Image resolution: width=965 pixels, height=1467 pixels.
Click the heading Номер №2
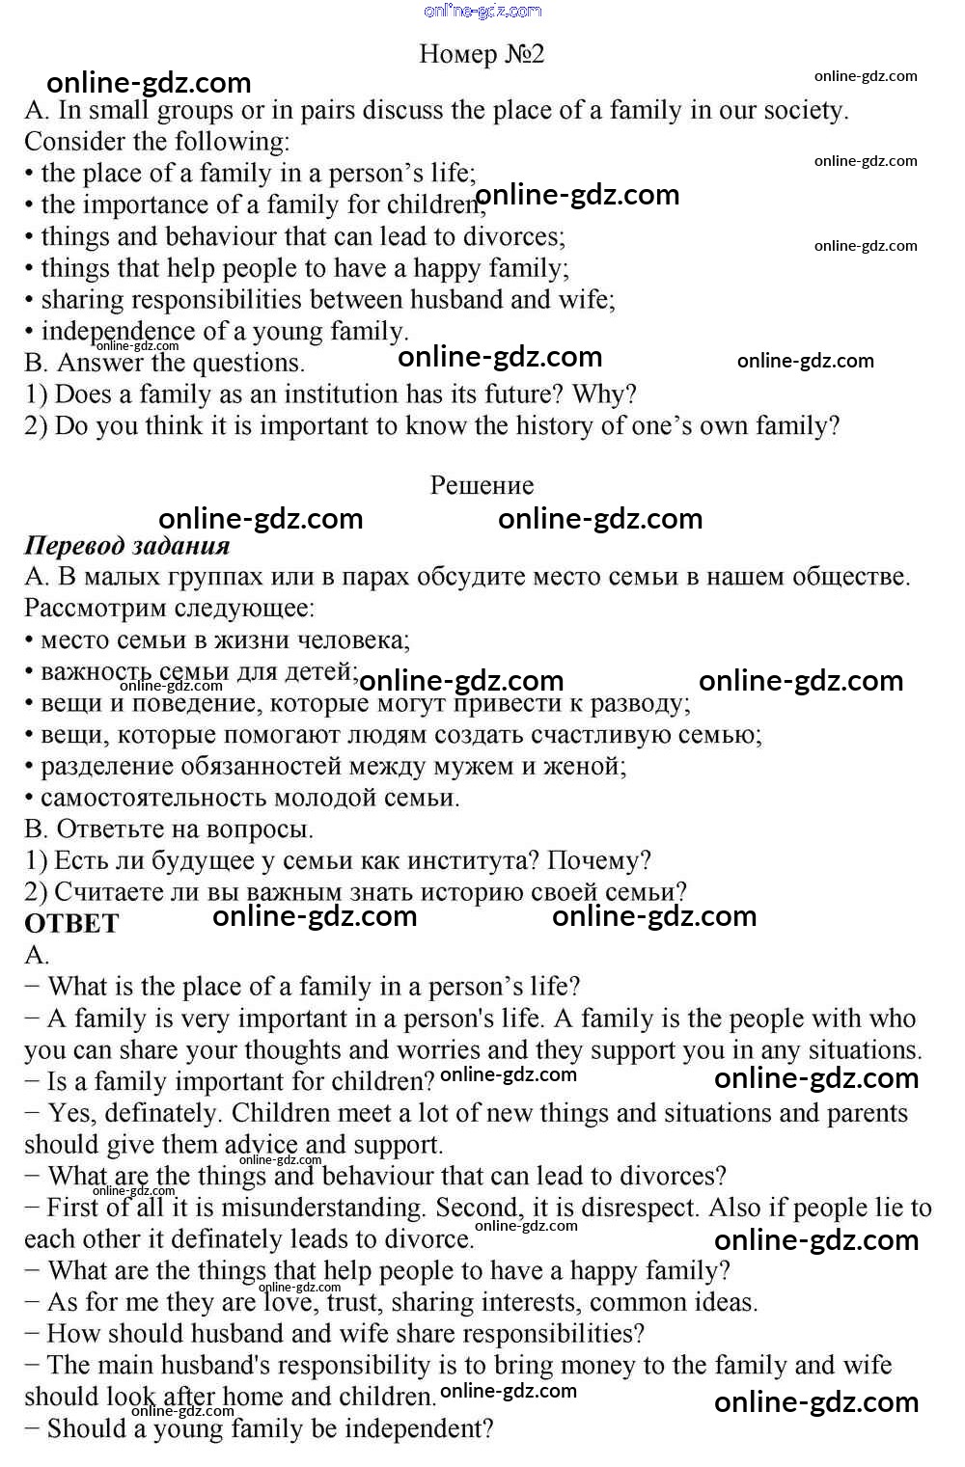(482, 54)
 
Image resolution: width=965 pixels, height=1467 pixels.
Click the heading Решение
(482, 485)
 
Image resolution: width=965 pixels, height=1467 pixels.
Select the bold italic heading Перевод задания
(126, 546)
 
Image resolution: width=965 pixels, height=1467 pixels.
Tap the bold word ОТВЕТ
(71, 924)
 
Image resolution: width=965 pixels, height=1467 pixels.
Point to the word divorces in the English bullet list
(512, 236)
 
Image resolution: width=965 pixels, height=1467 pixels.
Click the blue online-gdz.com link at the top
(482, 11)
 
